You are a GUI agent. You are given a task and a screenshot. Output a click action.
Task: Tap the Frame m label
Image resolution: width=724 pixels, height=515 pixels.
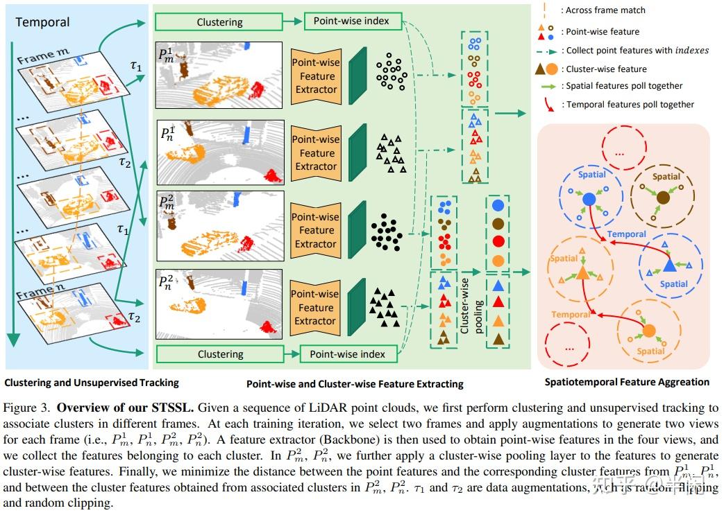pyautogui.click(x=44, y=59)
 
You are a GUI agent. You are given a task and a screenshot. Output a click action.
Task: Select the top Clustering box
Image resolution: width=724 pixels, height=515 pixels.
pyautogui.click(x=219, y=22)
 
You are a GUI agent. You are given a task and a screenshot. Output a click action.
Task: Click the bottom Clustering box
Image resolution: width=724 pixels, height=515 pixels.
pyautogui.click(x=220, y=354)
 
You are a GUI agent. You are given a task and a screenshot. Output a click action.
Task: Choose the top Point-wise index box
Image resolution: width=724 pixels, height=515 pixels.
pyautogui.click(x=351, y=21)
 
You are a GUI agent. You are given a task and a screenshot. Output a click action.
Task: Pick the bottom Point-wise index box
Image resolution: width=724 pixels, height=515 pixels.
pyautogui.click(x=347, y=354)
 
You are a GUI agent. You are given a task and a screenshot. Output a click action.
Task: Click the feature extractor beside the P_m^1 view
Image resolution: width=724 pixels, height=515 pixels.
pyautogui.click(x=316, y=76)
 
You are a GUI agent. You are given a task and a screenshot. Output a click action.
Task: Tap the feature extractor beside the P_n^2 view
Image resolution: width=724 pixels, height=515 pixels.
pyautogui.click(x=316, y=308)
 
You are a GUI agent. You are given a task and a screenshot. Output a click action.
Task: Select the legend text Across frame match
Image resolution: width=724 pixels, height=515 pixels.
pyautogui.click(x=605, y=10)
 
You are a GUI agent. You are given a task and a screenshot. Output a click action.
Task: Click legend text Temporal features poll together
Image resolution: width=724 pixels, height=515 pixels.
pyautogui.click(x=630, y=105)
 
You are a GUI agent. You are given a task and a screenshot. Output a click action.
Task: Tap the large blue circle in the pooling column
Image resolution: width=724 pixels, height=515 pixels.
pyautogui.click(x=498, y=206)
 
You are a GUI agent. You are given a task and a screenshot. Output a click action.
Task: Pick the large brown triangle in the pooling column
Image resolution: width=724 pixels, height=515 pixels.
pyautogui.click(x=498, y=340)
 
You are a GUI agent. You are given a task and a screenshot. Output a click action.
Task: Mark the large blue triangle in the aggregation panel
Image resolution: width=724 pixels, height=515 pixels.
pyautogui.click(x=669, y=264)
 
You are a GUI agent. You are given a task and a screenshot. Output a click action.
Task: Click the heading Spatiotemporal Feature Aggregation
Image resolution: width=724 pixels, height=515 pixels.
pyautogui.click(x=627, y=382)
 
